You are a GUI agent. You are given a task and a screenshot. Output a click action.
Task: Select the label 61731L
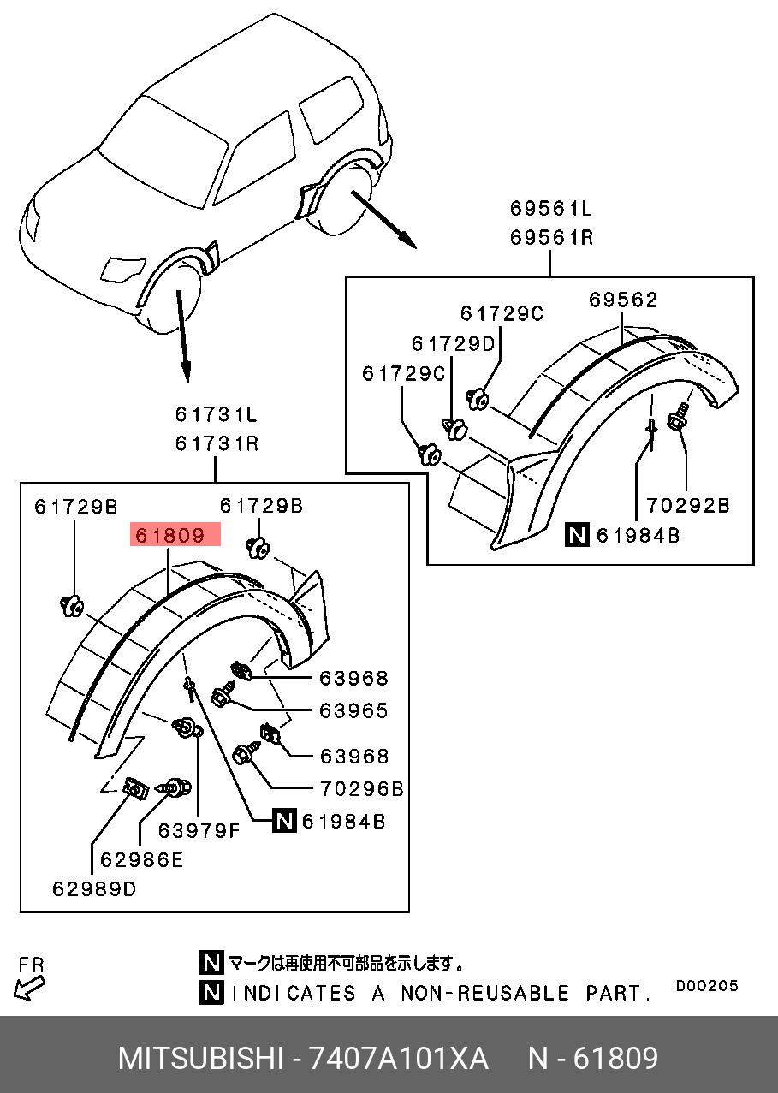click(x=217, y=415)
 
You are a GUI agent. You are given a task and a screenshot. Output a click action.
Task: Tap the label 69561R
click(x=551, y=237)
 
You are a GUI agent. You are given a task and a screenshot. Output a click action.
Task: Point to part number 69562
click(x=623, y=300)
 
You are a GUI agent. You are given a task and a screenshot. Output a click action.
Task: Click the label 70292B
click(x=687, y=506)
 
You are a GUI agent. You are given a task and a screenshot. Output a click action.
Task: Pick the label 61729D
click(x=453, y=343)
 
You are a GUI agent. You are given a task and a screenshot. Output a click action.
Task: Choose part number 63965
click(x=353, y=710)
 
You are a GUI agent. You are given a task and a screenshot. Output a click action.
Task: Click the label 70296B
click(x=361, y=788)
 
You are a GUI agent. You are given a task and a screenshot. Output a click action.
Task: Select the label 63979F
click(x=199, y=830)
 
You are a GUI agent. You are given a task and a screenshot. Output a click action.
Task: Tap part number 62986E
click(x=141, y=860)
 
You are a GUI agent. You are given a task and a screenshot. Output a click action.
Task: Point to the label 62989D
click(x=93, y=888)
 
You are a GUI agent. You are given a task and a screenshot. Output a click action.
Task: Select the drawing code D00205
click(x=706, y=986)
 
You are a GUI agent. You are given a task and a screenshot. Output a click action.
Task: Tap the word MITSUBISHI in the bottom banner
click(x=199, y=1059)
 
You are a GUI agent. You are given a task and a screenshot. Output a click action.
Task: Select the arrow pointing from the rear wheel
click(x=384, y=222)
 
